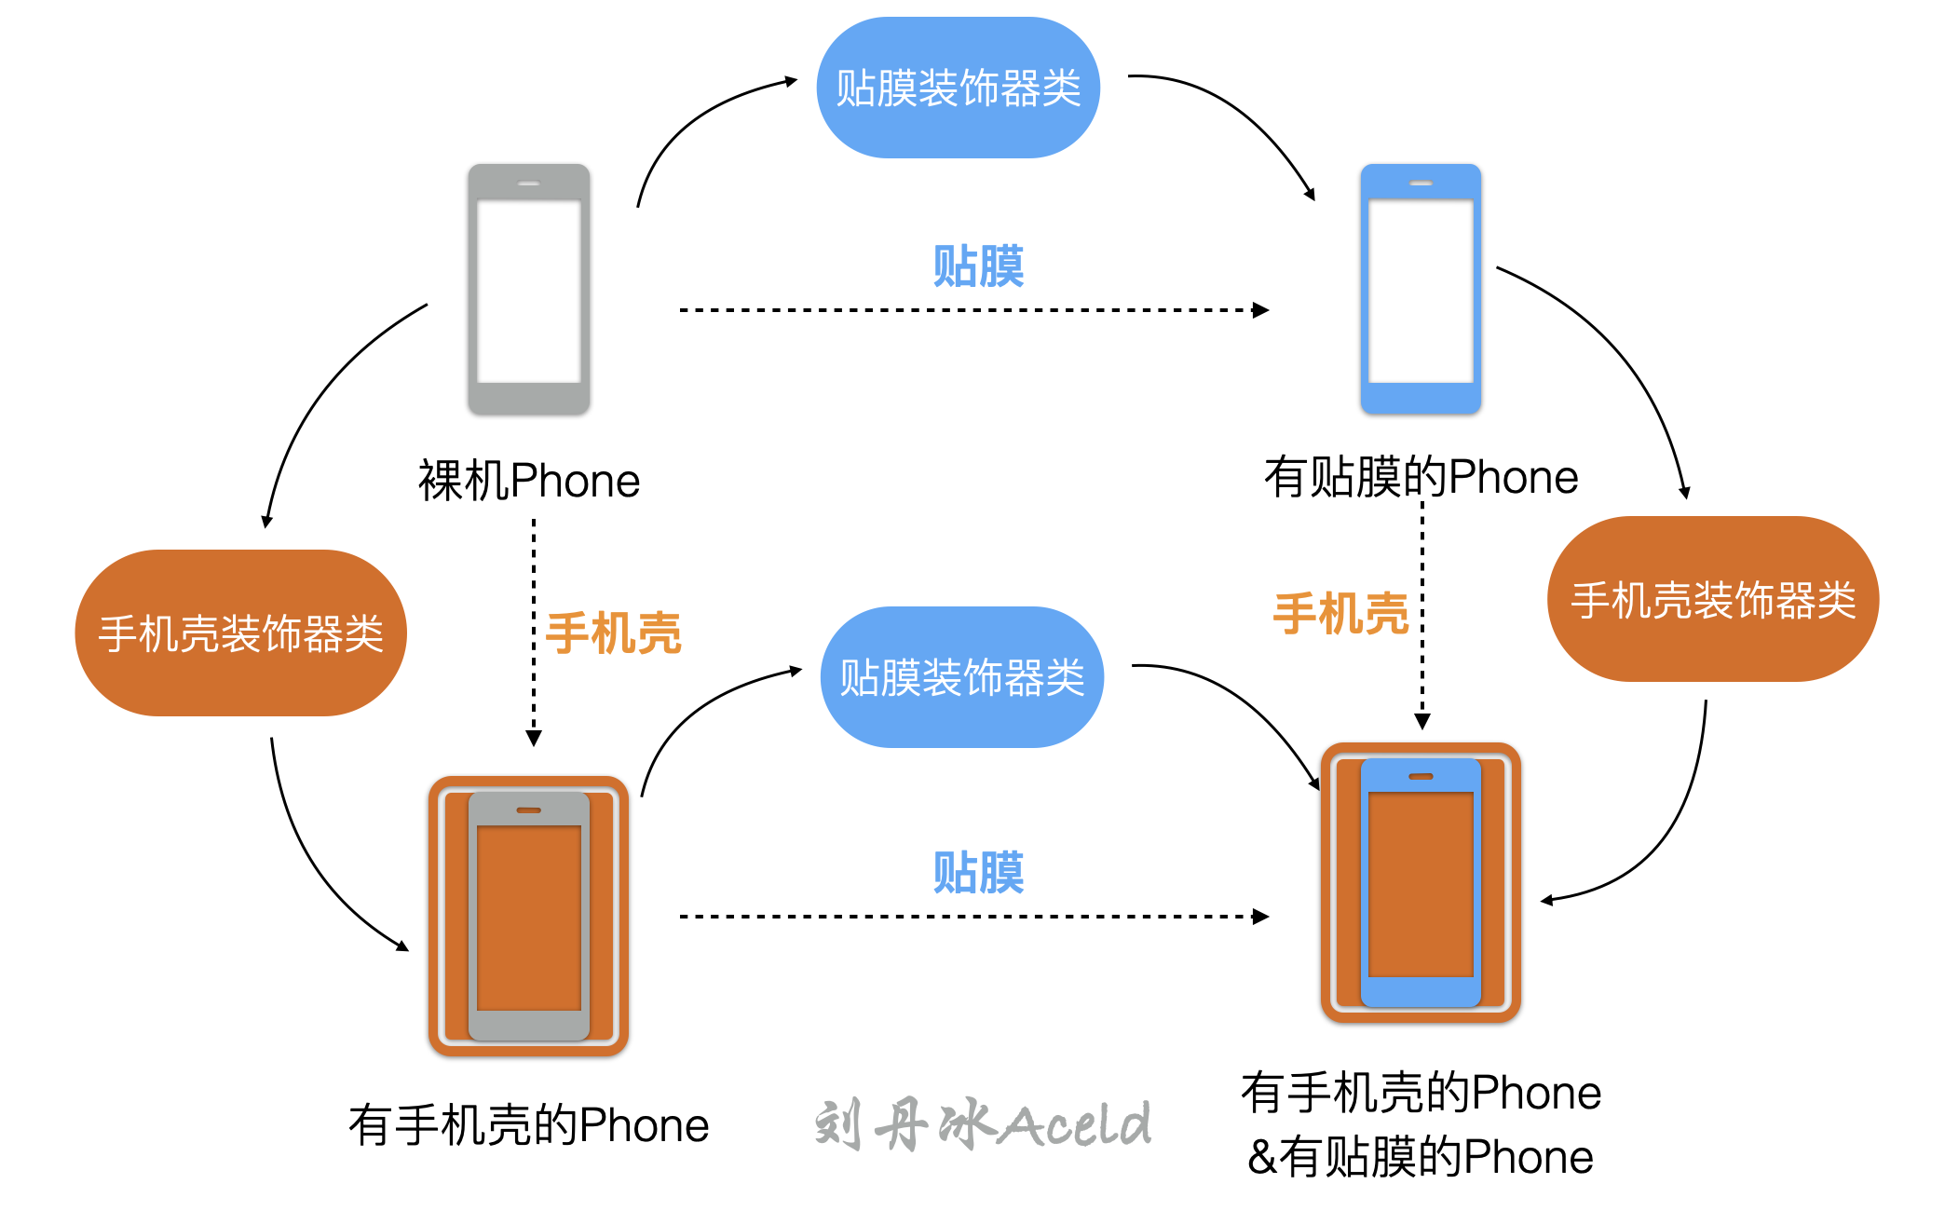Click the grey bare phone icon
pos(528,289)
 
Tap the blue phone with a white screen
pos(1421,289)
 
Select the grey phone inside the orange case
pos(528,917)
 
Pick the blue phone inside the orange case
pos(1421,882)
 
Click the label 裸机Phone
pos(528,481)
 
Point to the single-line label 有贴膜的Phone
pos(1421,477)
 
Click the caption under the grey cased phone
pos(528,1125)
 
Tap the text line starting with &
pos(1421,1157)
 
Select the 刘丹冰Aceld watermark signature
pos(983,1124)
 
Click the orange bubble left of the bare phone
pos(240,633)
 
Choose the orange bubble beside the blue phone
pos(1712,599)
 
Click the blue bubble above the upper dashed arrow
pos(958,88)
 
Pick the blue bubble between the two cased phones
pos(961,677)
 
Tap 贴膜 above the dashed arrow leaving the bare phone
pos(978,266)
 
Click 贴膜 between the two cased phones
pos(978,873)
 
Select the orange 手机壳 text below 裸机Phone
pos(613,633)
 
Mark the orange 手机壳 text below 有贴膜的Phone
pos(1340,614)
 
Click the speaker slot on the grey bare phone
pos(528,184)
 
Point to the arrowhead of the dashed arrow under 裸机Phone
pos(534,738)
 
